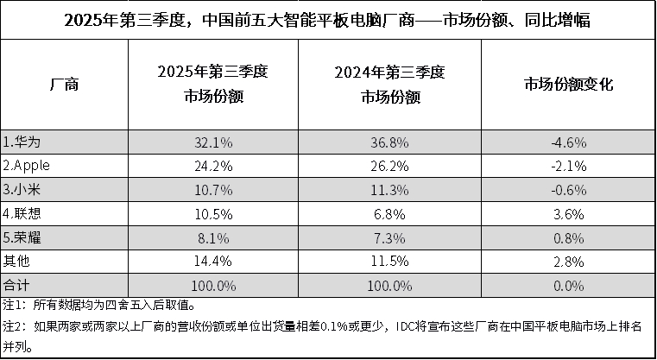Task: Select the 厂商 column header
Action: click(x=66, y=85)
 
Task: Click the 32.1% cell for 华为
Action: click(x=213, y=141)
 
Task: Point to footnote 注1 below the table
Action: click(x=104, y=305)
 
